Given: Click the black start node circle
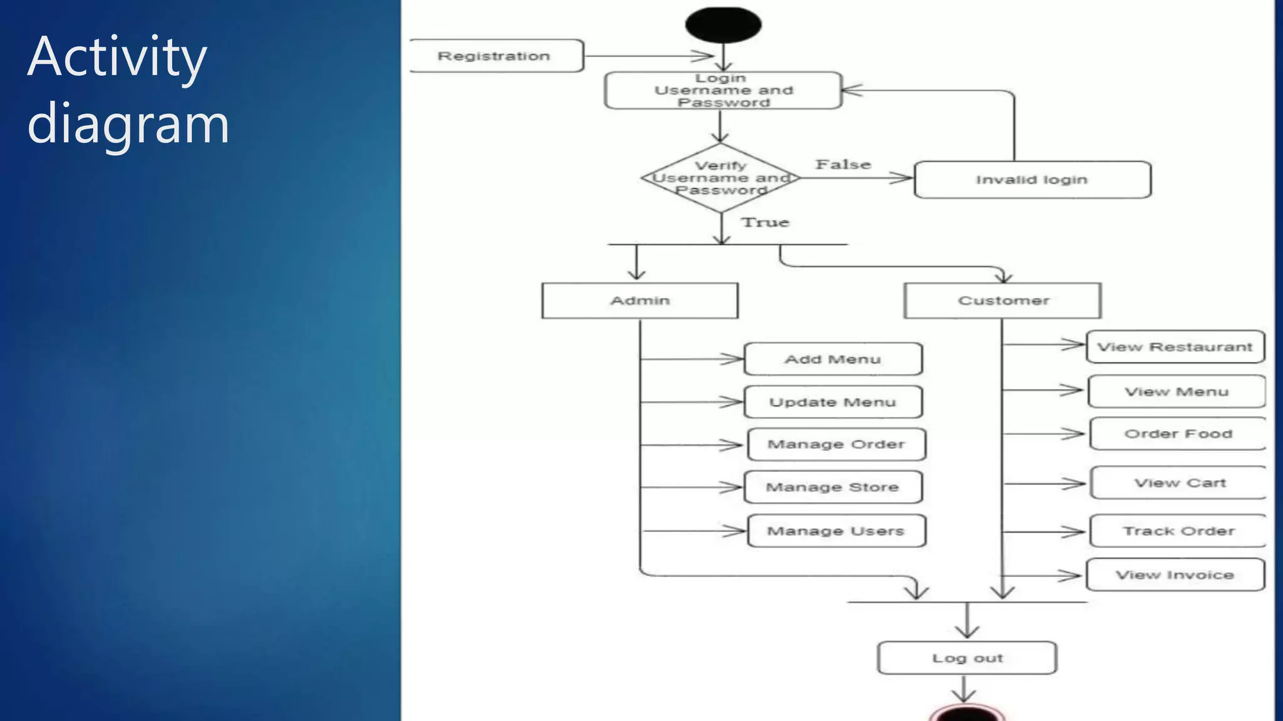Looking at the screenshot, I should click(x=723, y=25).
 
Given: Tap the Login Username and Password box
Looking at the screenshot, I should click(x=723, y=91).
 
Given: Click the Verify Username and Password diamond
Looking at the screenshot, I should click(x=720, y=178).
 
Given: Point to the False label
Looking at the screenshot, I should click(x=843, y=165).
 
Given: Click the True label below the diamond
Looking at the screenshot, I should click(x=765, y=223).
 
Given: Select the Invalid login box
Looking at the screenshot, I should click(x=1032, y=180).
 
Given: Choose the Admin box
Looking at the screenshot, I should click(x=640, y=301).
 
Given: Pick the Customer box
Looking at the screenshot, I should click(x=1002, y=301).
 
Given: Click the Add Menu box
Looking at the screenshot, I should click(x=833, y=359).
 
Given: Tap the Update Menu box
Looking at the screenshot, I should click(x=833, y=402).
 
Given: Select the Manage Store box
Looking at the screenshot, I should click(x=833, y=488).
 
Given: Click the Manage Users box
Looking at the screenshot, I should click(x=836, y=531).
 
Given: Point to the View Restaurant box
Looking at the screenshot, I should click(x=1175, y=347).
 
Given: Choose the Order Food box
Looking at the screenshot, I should click(x=1178, y=434).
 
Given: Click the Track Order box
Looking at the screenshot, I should click(x=1178, y=531).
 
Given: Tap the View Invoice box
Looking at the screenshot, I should click(x=1175, y=575).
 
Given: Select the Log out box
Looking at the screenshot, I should click(x=967, y=658).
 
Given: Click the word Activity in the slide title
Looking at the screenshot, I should click(x=117, y=58).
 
